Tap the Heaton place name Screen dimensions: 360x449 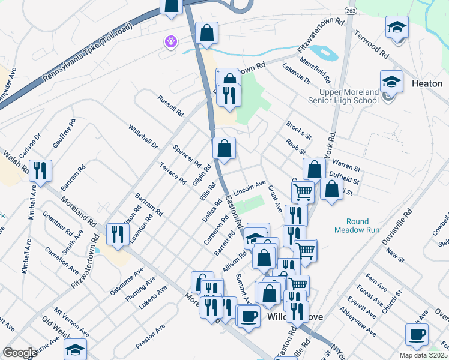427,84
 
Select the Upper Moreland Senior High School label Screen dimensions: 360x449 343,96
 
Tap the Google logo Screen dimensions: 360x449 20,353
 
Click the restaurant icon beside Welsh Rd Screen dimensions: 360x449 40,171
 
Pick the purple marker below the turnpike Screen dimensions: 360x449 171,42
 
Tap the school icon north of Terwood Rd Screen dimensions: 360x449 397,28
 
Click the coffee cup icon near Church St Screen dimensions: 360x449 417,334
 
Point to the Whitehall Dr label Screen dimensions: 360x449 143,137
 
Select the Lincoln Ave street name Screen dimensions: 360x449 249,188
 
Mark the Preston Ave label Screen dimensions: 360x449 151,337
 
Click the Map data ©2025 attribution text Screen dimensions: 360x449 424,355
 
